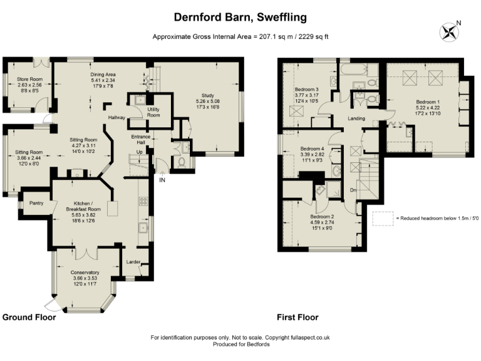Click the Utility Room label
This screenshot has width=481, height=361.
pos(153,112)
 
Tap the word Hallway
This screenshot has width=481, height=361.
pos(116,118)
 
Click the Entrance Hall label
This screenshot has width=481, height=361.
pos(142,140)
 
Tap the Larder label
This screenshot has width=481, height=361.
pos(133,261)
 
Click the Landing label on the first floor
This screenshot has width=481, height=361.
pos(356,118)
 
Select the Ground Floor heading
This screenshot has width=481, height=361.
pos(29,317)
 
